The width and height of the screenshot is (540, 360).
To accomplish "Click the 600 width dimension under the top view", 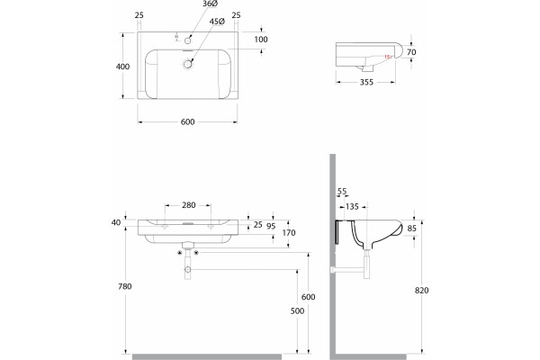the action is click(x=188, y=121).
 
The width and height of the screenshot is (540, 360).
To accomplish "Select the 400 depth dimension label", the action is click(x=122, y=67).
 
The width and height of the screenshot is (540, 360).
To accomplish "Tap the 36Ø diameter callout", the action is click(x=210, y=4).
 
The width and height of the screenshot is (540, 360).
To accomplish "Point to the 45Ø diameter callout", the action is click(x=217, y=22).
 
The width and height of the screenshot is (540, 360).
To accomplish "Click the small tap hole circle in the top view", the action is click(x=188, y=40).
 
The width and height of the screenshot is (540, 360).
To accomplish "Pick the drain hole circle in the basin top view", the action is click(x=188, y=64).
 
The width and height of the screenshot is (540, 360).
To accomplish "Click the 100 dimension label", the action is click(x=261, y=40).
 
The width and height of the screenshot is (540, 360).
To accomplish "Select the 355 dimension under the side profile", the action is click(x=366, y=82).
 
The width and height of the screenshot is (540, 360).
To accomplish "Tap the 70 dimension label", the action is click(x=411, y=52).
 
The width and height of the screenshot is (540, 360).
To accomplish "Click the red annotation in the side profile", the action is click(x=388, y=57).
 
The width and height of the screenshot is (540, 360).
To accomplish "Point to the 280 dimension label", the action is click(x=189, y=205).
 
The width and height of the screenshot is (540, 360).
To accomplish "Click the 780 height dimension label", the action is click(x=125, y=286).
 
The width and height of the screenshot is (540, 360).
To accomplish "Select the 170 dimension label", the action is click(x=289, y=232).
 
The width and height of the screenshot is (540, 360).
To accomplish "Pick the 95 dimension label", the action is click(x=271, y=226).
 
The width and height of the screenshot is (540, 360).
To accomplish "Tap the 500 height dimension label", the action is click(x=297, y=310).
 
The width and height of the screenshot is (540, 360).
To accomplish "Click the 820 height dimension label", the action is click(x=421, y=291).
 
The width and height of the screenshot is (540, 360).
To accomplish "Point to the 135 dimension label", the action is click(x=352, y=206).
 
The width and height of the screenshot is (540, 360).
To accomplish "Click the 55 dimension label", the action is click(x=342, y=191).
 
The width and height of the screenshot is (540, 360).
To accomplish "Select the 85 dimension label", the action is click(x=412, y=228).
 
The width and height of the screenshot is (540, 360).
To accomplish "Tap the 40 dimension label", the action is click(x=116, y=222).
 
